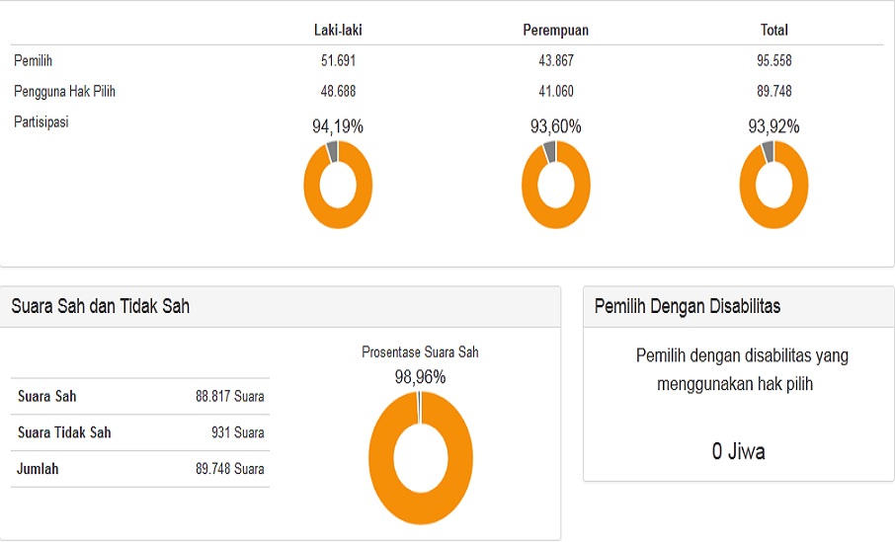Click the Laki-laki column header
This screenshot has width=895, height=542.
[x=338, y=30]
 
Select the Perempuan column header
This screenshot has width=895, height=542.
[x=555, y=30]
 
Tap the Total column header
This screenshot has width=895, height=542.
[x=773, y=30]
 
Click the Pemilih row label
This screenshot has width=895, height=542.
[x=34, y=60]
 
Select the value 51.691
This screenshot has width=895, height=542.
[x=338, y=60]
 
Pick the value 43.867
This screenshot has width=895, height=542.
[x=555, y=60]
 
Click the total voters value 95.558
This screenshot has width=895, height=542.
[x=773, y=60]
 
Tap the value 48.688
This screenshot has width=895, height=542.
[x=338, y=91]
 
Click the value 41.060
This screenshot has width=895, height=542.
[x=555, y=91]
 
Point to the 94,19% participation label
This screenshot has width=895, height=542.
[x=338, y=126]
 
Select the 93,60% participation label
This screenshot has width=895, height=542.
[x=555, y=126]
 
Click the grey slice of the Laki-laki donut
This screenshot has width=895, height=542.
[x=332, y=151]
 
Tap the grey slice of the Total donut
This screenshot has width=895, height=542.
[x=768, y=151]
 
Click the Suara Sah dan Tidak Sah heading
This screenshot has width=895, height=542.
[x=100, y=306]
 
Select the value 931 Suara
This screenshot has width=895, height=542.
[x=237, y=432]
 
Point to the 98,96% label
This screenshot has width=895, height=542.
[x=420, y=376]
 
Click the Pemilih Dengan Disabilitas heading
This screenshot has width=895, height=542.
[x=687, y=306]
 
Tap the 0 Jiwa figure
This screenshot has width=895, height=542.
[x=738, y=452]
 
